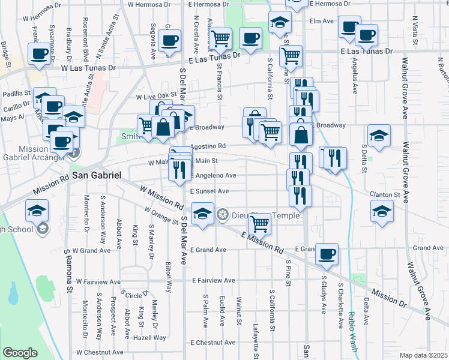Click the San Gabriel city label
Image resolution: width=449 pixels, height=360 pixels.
97,175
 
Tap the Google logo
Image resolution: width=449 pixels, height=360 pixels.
20,353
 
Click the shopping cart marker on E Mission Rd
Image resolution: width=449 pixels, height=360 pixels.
260,224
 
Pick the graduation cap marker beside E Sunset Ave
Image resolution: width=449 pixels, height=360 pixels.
202,214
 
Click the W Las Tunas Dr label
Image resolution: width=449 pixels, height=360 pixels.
87,68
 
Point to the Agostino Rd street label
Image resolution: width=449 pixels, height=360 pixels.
208,146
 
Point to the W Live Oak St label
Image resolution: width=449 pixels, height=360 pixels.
156,96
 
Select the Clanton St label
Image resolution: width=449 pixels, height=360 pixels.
385,195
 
